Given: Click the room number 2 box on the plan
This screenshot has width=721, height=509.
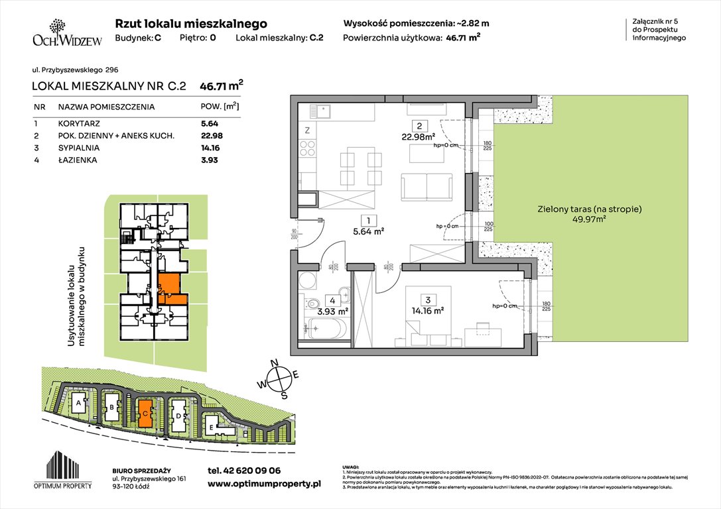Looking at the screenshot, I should click(x=419, y=126).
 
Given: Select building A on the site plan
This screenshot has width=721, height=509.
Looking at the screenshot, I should click(x=79, y=403).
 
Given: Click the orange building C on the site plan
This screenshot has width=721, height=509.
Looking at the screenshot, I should click(x=145, y=412).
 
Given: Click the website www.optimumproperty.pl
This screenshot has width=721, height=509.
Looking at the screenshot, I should click(x=264, y=484).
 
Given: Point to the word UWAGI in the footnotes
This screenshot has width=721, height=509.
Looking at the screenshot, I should click(x=351, y=467).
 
